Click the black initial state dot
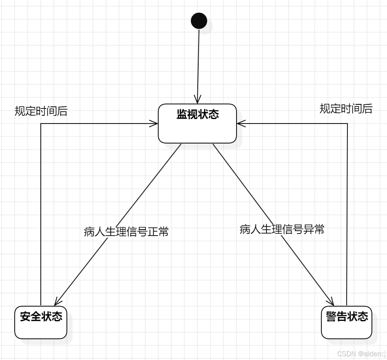coord(199,21)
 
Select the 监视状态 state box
coord(197,124)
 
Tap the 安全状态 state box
coord(41,322)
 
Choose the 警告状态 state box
coord(347,322)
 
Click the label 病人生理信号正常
coord(126,232)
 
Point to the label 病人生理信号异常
coord(282,230)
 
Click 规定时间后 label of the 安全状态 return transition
coord(41,111)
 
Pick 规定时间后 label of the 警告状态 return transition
coord(346,108)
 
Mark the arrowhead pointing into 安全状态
coord(57,302)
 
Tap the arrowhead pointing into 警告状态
coord(331,302)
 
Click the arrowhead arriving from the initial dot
coord(197,100)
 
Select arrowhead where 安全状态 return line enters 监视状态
coord(155,124)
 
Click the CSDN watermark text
coord(361,353)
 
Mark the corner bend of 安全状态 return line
coord(41,124)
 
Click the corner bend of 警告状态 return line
coord(347,124)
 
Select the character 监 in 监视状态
coord(182,114)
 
